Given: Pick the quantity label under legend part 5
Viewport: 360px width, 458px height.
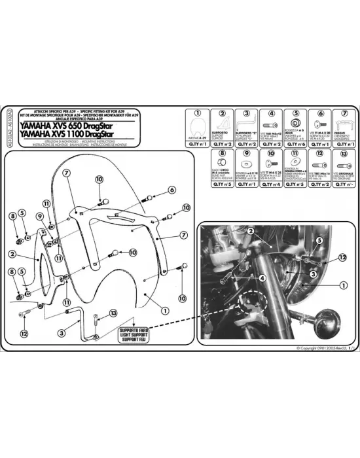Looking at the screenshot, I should (x=296, y=143).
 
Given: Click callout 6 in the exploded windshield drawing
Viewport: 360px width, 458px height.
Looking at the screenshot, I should (x=172, y=190).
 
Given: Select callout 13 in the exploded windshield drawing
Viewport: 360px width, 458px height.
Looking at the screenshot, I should (x=113, y=313).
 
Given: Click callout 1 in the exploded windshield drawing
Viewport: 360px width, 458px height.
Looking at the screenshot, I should (x=165, y=311).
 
